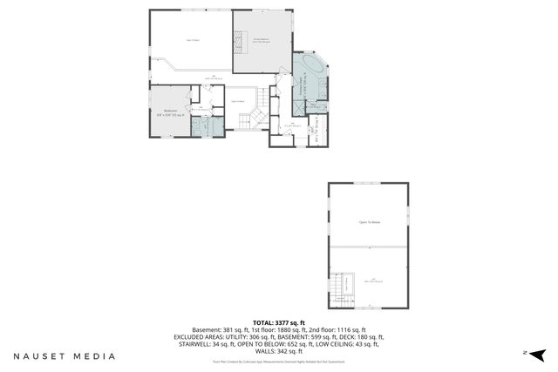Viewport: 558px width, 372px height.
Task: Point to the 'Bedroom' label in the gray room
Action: pyautogui.click(x=171, y=111)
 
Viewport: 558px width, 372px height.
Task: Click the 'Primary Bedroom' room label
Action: pyautogui.click(x=261, y=39)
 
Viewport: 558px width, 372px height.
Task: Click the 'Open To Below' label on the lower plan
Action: pyautogui.click(x=368, y=222)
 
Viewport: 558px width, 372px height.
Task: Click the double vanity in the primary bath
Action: pyautogui.click(x=323, y=87)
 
